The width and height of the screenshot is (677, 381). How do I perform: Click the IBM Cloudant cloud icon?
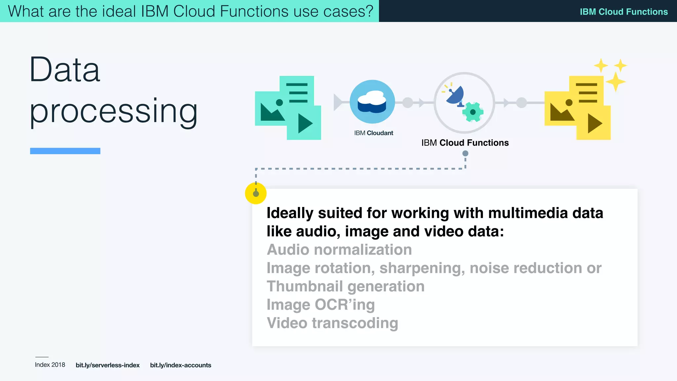[x=372, y=102]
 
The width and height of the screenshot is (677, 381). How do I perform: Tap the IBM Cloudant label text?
[x=374, y=133]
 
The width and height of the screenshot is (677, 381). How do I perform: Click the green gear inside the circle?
[x=473, y=112]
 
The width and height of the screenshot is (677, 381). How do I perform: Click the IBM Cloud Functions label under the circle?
[x=465, y=143]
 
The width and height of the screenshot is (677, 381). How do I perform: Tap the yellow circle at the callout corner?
[x=256, y=193]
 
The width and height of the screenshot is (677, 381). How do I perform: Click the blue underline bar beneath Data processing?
[x=65, y=151]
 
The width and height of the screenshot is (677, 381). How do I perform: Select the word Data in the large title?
[x=65, y=70]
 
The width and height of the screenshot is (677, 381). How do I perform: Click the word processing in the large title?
[x=113, y=111]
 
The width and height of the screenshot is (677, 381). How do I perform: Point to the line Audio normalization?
[x=339, y=250]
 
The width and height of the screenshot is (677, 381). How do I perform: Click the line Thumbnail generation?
[x=345, y=286]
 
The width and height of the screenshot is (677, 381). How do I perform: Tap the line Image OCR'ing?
[x=321, y=305]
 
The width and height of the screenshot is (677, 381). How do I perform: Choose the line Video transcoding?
[x=332, y=323]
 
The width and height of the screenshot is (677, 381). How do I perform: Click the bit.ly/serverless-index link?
[x=107, y=365]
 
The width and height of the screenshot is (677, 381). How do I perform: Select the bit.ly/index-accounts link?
[x=180, y=365]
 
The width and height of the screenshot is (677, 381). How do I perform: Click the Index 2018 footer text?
[x=50, y=365]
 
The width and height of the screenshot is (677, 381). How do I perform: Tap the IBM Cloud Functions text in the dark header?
[x=623, y=12]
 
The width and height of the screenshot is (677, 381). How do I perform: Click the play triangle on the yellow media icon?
[x=594, y=123]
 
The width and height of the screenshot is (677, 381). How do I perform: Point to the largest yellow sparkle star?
[x=615, y=81]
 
